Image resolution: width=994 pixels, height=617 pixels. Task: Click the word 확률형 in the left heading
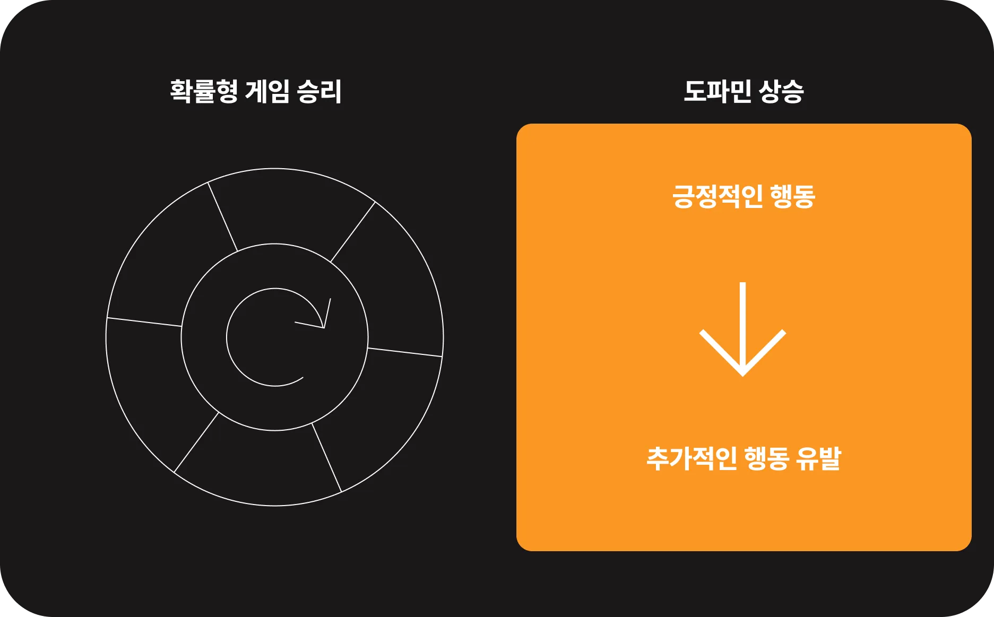(x=204, y=91)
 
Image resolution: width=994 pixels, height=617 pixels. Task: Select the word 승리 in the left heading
(x=319, y=91)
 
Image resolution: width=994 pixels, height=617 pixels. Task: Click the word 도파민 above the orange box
(x=718, y=91)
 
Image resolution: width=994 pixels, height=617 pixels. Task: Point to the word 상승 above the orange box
(x=781, y=91)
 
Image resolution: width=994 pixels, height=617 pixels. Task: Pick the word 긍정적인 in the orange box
(x=717, y=196)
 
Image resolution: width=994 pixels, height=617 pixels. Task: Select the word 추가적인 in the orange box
(x=692, y=458)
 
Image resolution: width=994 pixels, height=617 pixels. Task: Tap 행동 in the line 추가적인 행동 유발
(x=767, y=458)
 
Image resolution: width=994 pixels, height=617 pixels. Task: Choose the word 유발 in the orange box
(x=819, y=458)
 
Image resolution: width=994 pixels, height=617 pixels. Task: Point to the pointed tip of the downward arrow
(x=743, y=375)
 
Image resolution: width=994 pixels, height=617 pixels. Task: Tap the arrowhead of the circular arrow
(x=323, y=327)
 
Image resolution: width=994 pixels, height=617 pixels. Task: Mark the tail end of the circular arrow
(x=302, y=378)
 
